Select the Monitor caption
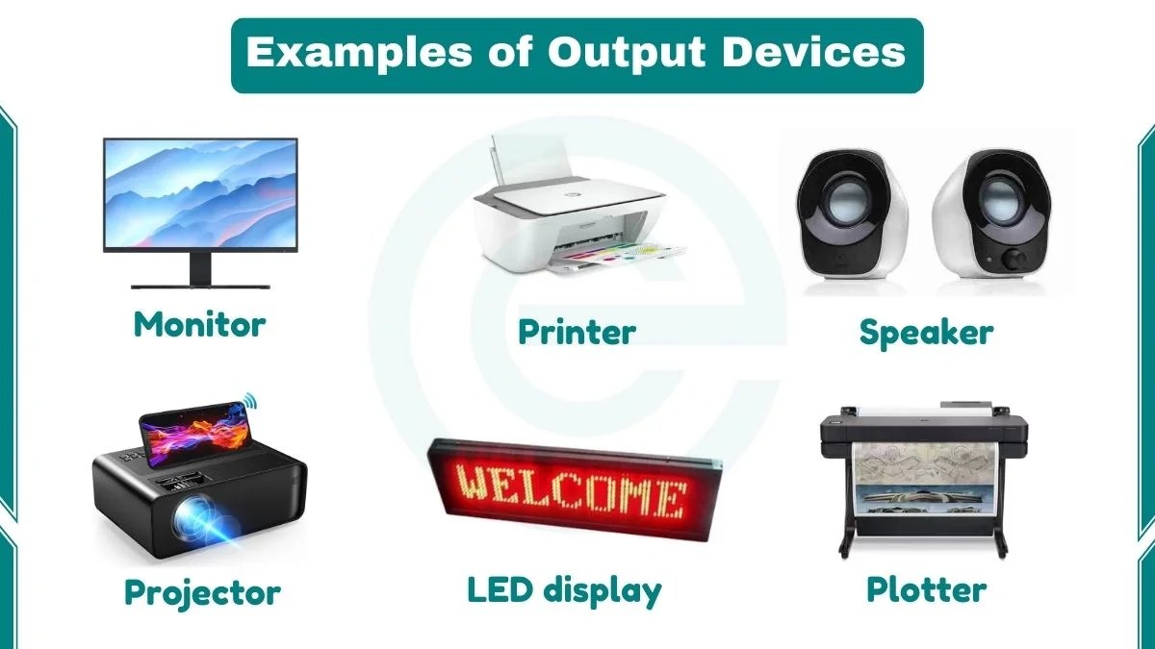(199, 324)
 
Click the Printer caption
(577, 332)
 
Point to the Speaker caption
(926, 333)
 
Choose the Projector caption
(202, 591)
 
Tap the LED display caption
(564, 589)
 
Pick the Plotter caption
(926, 588)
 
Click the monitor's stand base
(200, 284)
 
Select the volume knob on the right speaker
(1014, 259)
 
